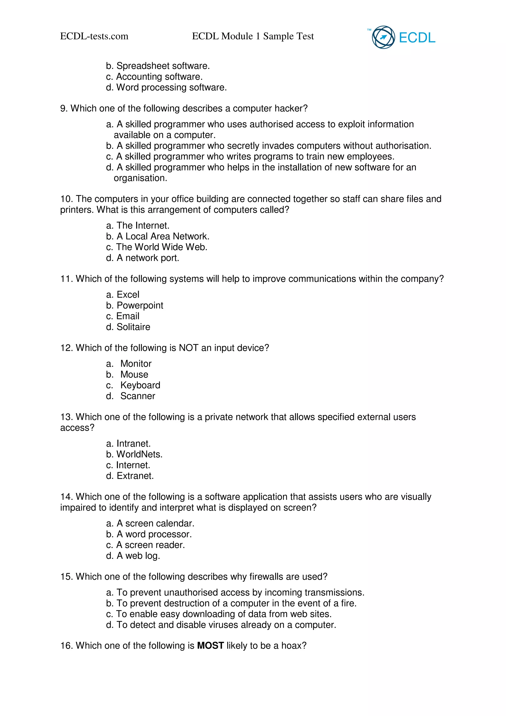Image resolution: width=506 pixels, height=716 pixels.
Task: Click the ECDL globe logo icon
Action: (383, 37)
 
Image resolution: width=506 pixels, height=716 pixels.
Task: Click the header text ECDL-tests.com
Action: (94, 36)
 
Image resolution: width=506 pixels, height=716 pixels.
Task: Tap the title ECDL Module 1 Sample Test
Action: (253, 36)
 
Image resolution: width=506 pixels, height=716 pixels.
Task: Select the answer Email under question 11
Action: (127, 316)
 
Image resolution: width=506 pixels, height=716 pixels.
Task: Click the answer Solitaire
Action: (133, 327)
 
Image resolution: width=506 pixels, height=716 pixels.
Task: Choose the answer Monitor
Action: (136, 364)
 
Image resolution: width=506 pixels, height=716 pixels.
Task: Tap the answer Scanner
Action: (137, 396)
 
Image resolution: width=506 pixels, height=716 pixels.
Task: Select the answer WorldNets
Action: (139, 454)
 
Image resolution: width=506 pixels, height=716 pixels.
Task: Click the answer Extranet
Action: (135, 476)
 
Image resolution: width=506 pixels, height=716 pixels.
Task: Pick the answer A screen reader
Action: (150, 545)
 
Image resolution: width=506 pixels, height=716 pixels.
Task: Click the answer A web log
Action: (138, 556)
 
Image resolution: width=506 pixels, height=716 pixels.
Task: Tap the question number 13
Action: (66, 417)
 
